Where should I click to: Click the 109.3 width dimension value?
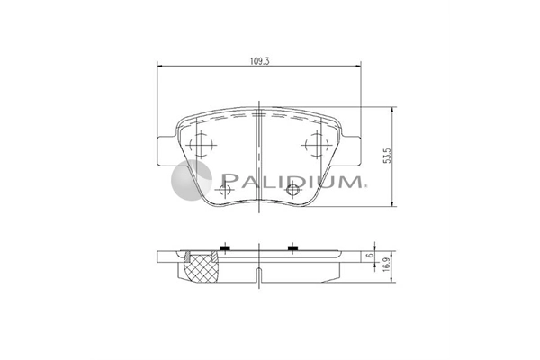click(259, 61)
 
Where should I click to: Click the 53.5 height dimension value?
click(387, 156)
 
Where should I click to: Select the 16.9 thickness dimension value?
click(387, 265)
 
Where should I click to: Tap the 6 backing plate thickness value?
click(370, 256)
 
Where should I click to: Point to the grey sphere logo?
click(192, 180)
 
